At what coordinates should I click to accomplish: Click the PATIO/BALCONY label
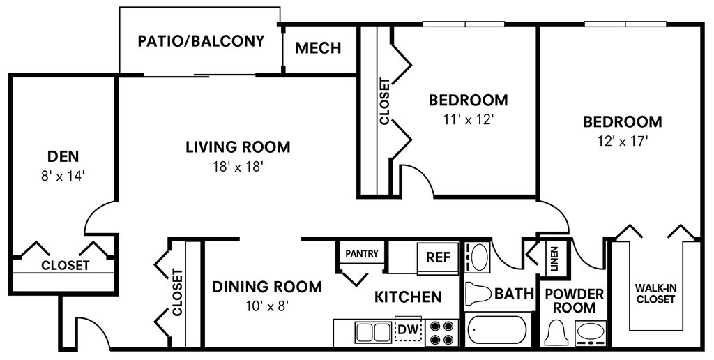point(201,41)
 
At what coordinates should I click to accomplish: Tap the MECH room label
point(318,48)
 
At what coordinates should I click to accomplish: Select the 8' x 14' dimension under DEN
point(63,177)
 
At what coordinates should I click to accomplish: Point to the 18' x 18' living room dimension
point(238,167)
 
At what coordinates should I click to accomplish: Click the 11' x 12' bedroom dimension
point(469,119)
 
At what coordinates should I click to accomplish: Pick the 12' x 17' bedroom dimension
point(623,141)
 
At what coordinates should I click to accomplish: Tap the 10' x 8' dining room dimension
point(267,306)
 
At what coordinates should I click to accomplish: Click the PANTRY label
point(362,253)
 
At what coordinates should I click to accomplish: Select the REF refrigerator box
point(438,258)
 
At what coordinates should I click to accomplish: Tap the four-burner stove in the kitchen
point(441,333)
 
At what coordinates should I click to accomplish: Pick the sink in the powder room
point(591,333)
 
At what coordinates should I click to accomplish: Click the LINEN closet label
point(554,258)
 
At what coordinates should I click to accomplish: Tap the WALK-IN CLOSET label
point(655,294)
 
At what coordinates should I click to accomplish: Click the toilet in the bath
point(478,293)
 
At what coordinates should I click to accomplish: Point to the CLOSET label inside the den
point(65,265)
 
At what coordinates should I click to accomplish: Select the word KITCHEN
point(408,297)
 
